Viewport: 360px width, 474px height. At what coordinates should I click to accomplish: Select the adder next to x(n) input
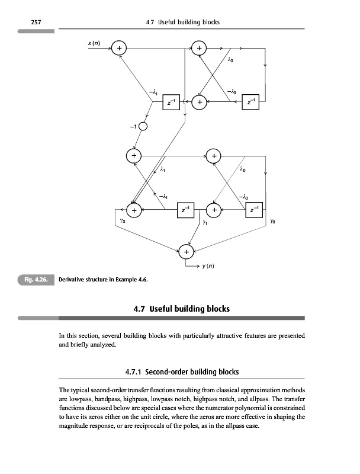pyautogui.click(x=120, y=48)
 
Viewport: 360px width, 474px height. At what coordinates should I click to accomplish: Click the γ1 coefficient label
pyautogui.click(x=204, y=223)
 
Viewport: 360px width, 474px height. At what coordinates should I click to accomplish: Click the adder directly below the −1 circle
pyautogui.click(x=134, y=155)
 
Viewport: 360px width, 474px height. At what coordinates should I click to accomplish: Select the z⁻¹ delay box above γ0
pyautogui.click(x=253, y=209)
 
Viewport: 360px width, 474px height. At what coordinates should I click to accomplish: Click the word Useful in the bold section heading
pyautogui.click(x=168, y=309)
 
